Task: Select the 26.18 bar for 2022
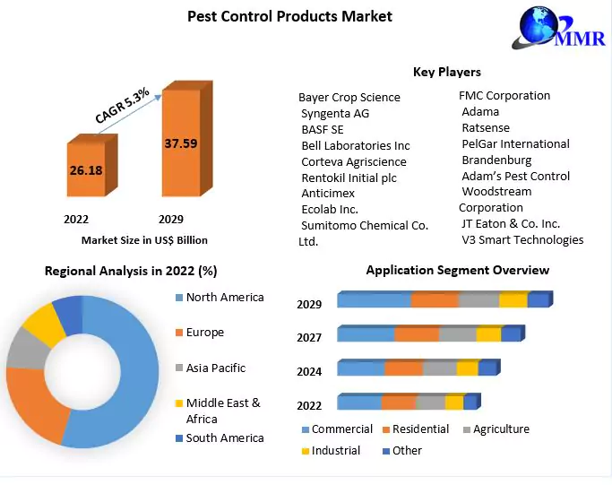click(x=86, y=169)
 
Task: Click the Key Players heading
click(x=446, y=72)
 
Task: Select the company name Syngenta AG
click(x=335, y=113)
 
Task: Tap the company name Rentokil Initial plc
click(x=349, y=178)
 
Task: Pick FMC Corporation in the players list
click(x=504, y=95)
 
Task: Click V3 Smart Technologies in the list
click(x=522, y=239)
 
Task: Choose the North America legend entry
click(x=224, y=297)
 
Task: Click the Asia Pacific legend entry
click(x=215, y=368)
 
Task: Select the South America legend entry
click(x=224, y=437)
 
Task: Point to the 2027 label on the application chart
click(x=309, y=338)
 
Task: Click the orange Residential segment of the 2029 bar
click(x=434, y=300)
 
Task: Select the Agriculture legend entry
click(x=501, y=429)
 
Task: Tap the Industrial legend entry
click(x=336, y=450)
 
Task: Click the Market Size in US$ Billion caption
click(x=144, y=239)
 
